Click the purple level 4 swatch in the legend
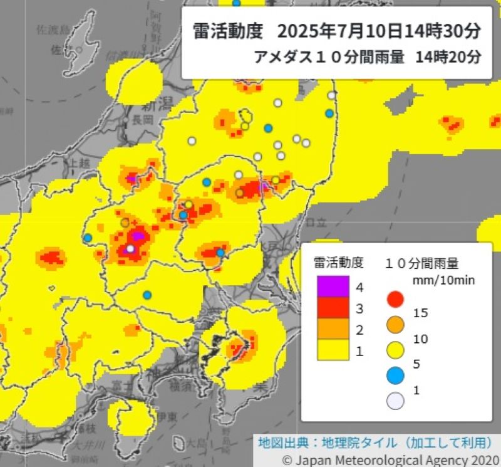coord(333,287)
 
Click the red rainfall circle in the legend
coord(395,299)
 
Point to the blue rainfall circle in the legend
coord(395,375)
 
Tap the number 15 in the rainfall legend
coord(421,312)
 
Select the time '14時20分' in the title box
coord(448,57)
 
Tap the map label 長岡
coord(143,119)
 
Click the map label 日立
coord(317,221)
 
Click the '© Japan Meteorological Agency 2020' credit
coord(390,459)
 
